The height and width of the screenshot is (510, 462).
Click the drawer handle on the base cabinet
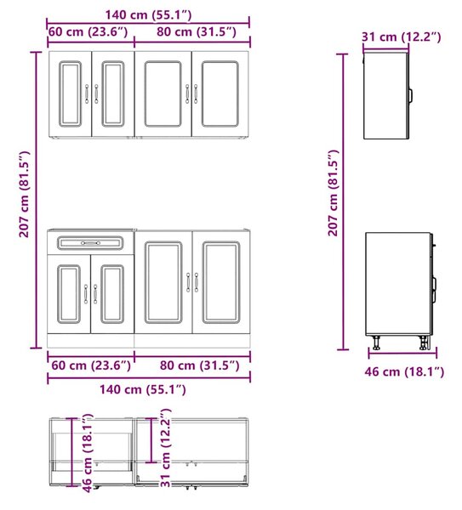click(90, 243)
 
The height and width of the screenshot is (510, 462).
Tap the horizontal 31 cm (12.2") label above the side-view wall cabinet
click(402, 37)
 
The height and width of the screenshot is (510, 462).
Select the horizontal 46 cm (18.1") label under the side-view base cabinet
click(404, 371)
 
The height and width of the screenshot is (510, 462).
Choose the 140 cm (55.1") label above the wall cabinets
click(148, 14)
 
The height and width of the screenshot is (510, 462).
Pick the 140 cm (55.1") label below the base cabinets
click(143, 389)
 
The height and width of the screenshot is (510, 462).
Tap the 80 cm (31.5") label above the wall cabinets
click(197, 32)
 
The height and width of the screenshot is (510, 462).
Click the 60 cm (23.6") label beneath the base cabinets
click(91, 365)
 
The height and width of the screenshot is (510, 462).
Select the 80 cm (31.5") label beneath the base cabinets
click(200, 365)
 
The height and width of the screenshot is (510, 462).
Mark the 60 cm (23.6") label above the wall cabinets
click(88, 32)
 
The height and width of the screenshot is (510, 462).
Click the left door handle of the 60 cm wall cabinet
click(87, 93)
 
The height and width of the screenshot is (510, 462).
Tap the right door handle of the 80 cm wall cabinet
click(196, 93)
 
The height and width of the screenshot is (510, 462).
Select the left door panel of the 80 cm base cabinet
click(163, 282)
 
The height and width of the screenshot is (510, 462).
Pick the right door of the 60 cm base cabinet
click(112, 294)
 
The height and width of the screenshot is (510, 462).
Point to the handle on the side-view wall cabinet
click(411, 95)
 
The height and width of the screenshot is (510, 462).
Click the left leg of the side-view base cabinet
click(377, 343)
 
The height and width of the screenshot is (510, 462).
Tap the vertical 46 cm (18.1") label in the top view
click(88, 453)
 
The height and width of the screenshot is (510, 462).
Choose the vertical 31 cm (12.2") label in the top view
click(166, 448)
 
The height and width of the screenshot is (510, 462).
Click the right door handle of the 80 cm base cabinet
click(197, 282)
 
